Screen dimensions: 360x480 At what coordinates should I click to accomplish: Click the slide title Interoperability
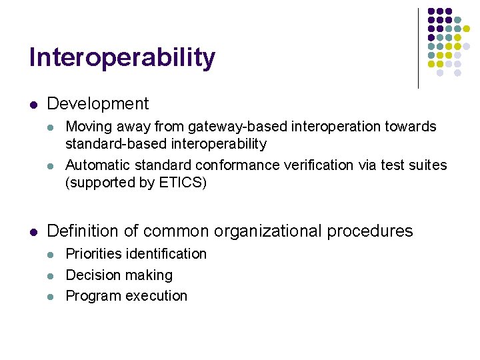tap(122, 58)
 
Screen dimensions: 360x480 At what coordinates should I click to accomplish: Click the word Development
tap(98, 104)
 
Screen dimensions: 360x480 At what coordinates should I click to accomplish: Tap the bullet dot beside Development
tap(33, 105)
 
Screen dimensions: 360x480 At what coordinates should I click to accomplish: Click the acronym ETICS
tap(181, 182)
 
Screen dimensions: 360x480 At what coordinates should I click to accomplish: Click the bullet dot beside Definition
tap(33, 232)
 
